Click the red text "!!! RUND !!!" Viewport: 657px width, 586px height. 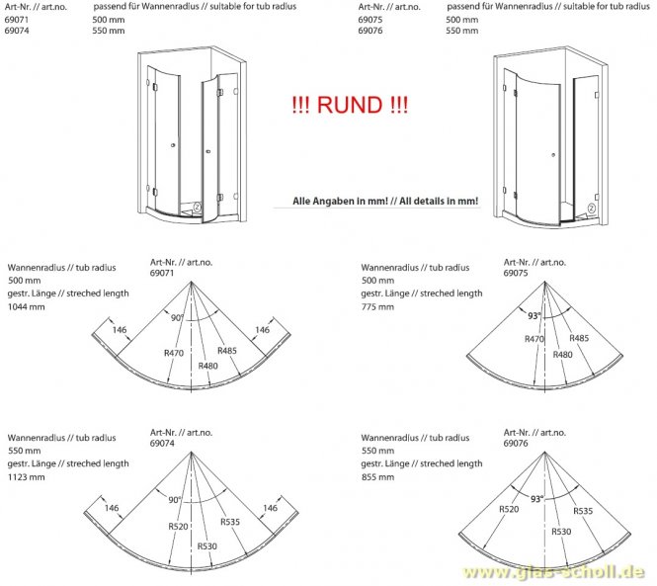tap(349, 105)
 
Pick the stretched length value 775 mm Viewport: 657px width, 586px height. tap(377, 307)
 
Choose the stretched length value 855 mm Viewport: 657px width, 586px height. tap(377, 476)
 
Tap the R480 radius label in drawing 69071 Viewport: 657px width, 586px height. tap(207, 365)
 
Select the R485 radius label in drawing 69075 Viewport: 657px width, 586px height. tap(579, 339)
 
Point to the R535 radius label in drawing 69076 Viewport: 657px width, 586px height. tap(584, 512)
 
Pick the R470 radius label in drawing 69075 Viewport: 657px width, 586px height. tap(534, 339)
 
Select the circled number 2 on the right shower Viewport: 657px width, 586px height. tap(591, 208)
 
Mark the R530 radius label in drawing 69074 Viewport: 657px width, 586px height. tap(207, 544)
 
